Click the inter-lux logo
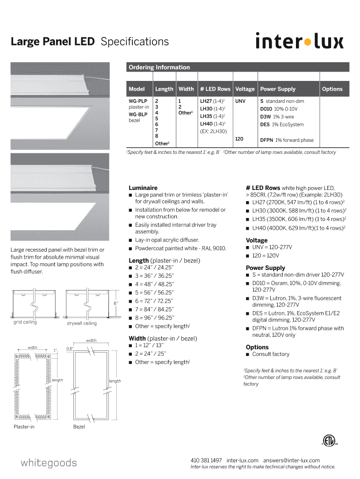pos(299,41)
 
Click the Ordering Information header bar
pos(238,67)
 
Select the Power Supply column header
pos(278,89)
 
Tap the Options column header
pos(332,89)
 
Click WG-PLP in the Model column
pos(138,101)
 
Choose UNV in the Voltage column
pos(240,101)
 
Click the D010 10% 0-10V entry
pos(279,109)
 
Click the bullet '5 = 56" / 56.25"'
pos(154,292)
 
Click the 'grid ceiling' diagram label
pos(25,322)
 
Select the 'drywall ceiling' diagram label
pos(82,323)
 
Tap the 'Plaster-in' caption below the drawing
pos(24,427)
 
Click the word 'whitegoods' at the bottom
pos(49,463)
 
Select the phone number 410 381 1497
pos(206,460)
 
